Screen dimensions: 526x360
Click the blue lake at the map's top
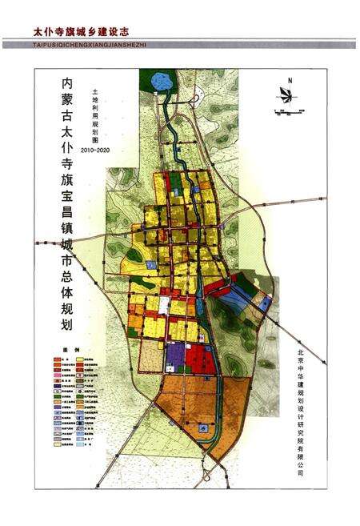pos(157,81)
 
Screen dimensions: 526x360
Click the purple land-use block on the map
pos(176,356)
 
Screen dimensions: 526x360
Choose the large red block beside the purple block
pos(202,359)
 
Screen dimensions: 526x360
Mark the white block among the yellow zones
pos(163,304)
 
